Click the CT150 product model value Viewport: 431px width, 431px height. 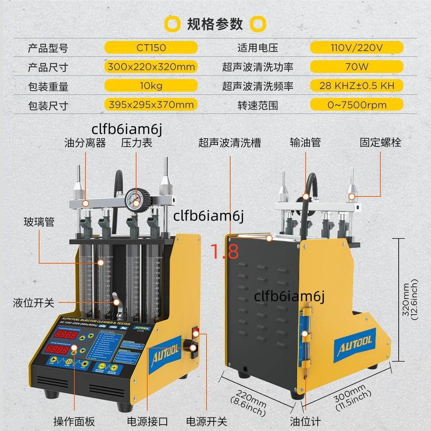point(151,47)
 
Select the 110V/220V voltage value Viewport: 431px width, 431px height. point(357,47)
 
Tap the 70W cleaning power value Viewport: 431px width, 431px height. point(357,67)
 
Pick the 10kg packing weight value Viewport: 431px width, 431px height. point(151,86)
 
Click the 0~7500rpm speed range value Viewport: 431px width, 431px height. point(357,104)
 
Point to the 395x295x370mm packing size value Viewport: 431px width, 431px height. point(151,104)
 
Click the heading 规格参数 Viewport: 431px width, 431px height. point(215,24)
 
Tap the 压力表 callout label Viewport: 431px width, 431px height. point(136,143)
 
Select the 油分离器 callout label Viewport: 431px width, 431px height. point(85,143)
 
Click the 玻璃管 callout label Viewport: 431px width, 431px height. point(39,222)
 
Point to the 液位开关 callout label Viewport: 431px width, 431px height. point(33,302)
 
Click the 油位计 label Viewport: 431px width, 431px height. point(305,421)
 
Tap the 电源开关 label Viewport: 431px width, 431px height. point(206,421)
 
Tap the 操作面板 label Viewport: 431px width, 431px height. point(74,421)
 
